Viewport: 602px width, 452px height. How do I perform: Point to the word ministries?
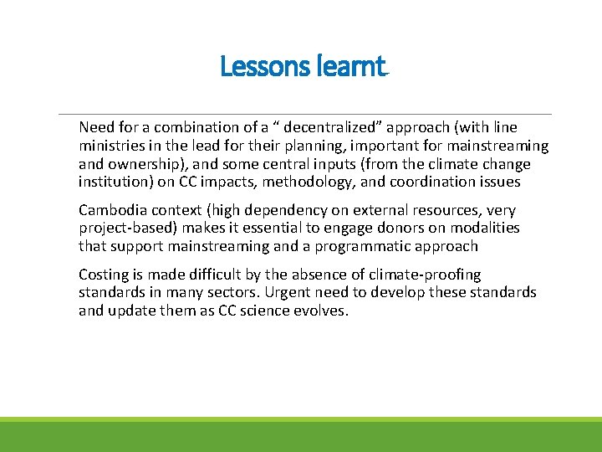[x=112, y=146]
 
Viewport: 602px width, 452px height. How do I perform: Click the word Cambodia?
[x=112, y=209]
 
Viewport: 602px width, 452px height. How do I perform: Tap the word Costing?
[x=104, y=275]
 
